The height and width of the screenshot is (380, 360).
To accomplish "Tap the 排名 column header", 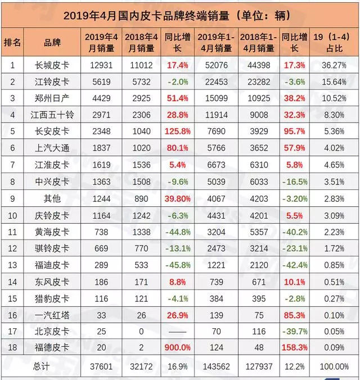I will [12, 42].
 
